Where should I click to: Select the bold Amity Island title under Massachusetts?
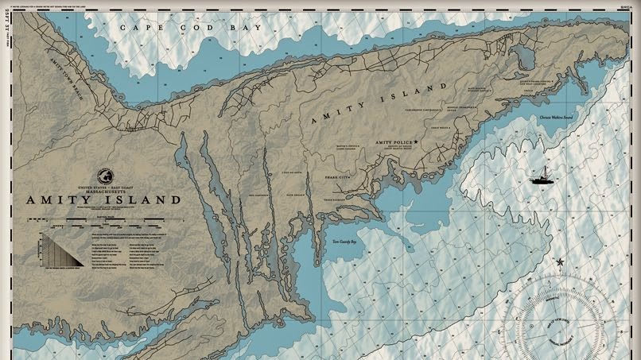pyautogui.click(x=103, y=200)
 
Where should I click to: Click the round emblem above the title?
pyautogui.click(x=104, y=176)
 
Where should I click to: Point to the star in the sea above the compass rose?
pyautogui.click(x=561, y=261)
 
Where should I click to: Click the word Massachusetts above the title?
pyautogui.click(x=103, y=191)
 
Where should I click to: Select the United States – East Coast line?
pyautogui.click(x=103, y=186)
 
